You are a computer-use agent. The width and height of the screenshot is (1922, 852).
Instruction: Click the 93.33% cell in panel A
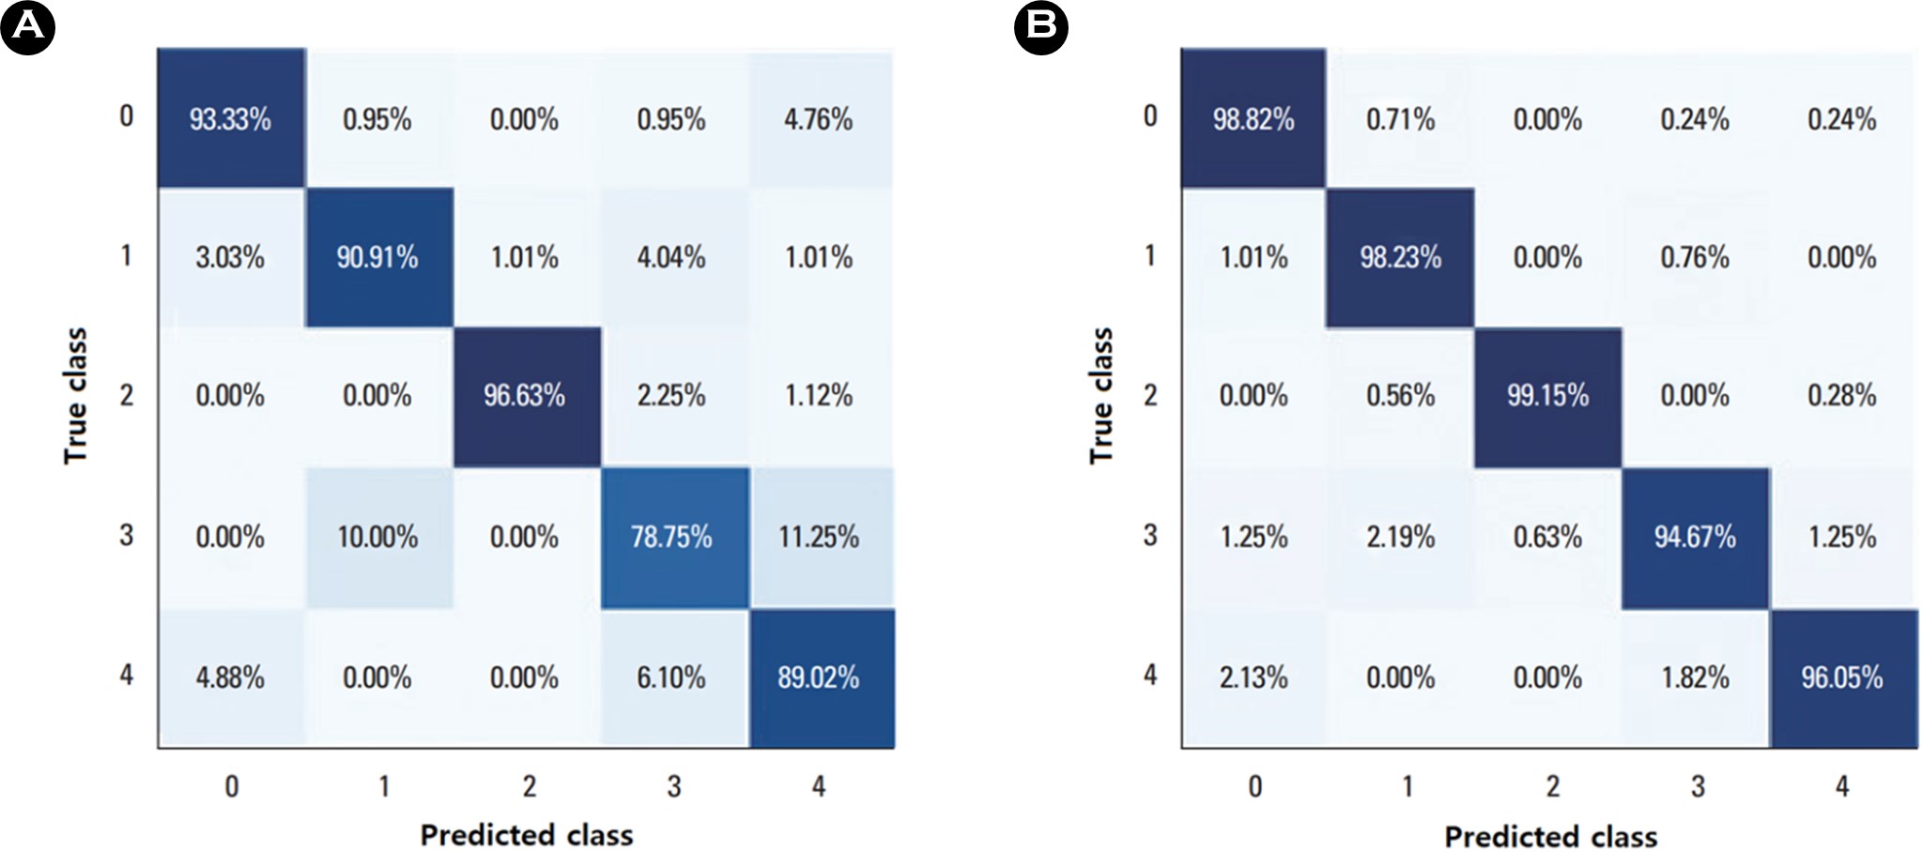pyautogui.click(x=230, y=119)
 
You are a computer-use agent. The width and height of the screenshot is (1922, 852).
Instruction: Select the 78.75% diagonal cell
pyautogui.click(x=671, y=537)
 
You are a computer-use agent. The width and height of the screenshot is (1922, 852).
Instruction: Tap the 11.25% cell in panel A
pyautogui.click(x=819, y=537)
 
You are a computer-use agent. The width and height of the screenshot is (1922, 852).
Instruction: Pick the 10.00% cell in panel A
pyautogui.click(x=377, y=537)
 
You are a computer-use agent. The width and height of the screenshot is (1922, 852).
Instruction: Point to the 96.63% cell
pyautogui.click(x=524, y=395)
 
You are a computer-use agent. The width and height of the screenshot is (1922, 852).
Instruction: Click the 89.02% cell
pyautogui.click(x=819, y=677)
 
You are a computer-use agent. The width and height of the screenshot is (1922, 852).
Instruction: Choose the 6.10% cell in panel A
pyautogui.click(x=671, y=677)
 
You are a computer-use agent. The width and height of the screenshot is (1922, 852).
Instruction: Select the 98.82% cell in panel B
pyautogui.click(x=1253, y=119)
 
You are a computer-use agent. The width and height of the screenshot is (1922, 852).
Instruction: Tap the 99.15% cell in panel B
pyautogui.click(x=1547, y=395)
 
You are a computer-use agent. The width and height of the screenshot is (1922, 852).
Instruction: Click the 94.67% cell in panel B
pyautogui.click(x=1695, y=537)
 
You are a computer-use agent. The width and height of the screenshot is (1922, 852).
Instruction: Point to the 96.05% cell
pyautogui.click(x=1842, y=677)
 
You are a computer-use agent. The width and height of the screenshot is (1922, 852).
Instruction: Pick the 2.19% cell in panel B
pyautogui.click(x=1401, y=537)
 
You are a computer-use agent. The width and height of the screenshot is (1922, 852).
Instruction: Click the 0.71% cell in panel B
pyautogui.click(x=1401, y=119)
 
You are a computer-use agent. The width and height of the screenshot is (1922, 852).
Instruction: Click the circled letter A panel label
pyautogui.click(x=27, y=27)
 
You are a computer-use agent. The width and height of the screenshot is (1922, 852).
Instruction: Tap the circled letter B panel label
pyautogui.click(x=1041, y=27)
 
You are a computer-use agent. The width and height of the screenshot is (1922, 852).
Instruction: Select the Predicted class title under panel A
pyautogui.click(x=526, y=835)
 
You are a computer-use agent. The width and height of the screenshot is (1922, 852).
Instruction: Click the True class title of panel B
pyautogui.click(x=1100, y=395)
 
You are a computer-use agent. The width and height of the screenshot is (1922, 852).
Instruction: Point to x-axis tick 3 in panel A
pyautogui.click(x=674, y=786)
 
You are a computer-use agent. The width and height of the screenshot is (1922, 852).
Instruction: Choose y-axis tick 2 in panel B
pyautogui.click(x=1150, y=395)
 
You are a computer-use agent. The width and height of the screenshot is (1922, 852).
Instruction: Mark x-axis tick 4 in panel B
pyautogui.click(x=1842, y=786)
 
